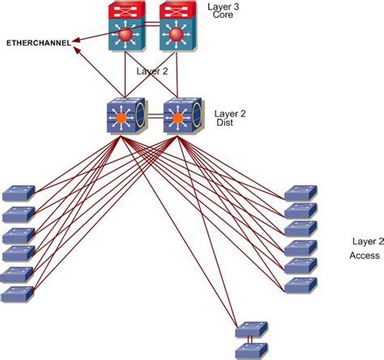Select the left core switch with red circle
pyautogui.click(x=126, y=31)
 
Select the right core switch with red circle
pyautogui.click(x=175, y=31)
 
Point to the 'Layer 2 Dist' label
pyautogui.click(x=229, y=119)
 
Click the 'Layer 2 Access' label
pyautogui.click(x=366, y=248)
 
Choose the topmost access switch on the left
pyautogui.click(x=17, y=194)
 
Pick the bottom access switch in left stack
pyautogui.click(x=17, y=294)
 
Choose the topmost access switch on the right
pyautogui.click(x=301, y=193)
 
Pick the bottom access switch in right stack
pyautogui.click(x=301, y=285)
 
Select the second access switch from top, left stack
pyautogui.click(x=17, y=215)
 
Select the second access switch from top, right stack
pyautogui.click(x=301, y=211)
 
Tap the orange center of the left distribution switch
pyautogui.click(x=122, y=118)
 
